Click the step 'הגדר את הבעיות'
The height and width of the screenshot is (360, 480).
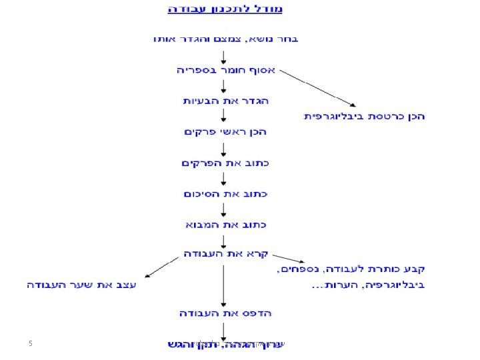click(x=225, y=101)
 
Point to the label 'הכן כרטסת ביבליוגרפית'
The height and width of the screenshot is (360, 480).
click(x=365, y=117)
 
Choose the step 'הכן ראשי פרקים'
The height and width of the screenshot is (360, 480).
click(x=225, y=132)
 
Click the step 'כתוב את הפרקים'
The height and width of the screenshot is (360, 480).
click(x=224, y=163)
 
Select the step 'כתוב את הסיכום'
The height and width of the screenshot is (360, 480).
click(x=225, y=194)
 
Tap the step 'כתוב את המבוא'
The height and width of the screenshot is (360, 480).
click(x=225, y=225)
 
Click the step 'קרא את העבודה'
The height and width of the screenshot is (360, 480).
click(x=226, y=255)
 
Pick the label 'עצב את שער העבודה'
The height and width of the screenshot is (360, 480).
click(x=81, y=285)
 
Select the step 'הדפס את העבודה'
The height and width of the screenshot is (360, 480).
click(x=225, y=313)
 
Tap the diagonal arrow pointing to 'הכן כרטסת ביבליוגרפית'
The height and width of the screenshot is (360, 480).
click(x=317, y=88)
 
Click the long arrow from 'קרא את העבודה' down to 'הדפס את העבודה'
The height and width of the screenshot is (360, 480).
click(x=224, y=283)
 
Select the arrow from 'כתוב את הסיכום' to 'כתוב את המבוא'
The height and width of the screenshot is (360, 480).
click(x=224, y=209)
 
